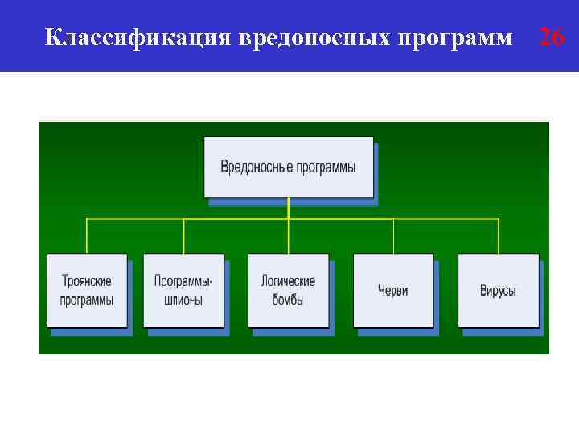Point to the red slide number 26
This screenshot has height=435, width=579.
(552, 36)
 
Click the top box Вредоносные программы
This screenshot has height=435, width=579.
(289, 168)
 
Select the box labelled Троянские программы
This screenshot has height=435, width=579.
(87, 290)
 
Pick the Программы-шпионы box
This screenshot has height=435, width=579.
(183, 290)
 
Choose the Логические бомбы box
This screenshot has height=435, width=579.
(288, 290)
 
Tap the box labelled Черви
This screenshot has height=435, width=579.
(393, 290)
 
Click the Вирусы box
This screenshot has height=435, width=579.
(499, 290)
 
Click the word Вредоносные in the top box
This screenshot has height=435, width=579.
(253, 168)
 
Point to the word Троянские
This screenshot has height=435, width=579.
(87, 281)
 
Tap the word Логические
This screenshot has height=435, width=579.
(288, 281)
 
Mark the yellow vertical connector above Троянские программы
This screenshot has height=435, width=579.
(87, 235)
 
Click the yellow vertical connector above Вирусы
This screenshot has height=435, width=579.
(499, 235)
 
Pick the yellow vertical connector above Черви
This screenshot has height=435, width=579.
(393, 235)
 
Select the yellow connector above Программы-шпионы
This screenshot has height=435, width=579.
(183, 235)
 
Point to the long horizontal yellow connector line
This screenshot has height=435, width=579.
(338, 217)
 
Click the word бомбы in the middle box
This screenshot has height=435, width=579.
(288, 300)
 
